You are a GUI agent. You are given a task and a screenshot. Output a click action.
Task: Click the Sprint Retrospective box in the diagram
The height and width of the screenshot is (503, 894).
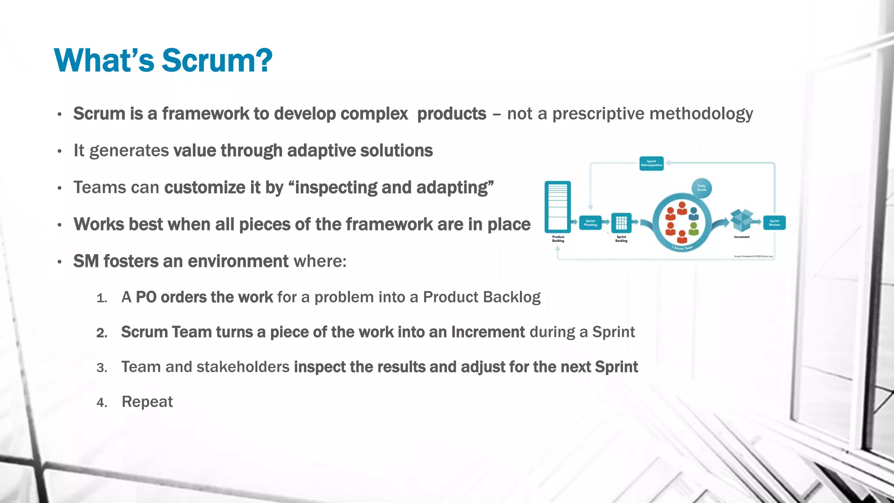click(651, 163)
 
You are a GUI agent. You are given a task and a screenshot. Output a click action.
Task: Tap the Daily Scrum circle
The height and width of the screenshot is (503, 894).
click(701, 188)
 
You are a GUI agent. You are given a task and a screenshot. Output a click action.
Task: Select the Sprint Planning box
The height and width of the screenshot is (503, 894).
click(590, 223)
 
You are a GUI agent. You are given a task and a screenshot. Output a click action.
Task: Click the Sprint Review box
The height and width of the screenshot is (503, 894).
click(774, 223)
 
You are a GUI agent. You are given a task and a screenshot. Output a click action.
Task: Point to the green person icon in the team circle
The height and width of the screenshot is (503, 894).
click(694, 228)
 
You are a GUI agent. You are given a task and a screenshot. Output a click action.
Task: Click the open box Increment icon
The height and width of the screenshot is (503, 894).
click(742, 220)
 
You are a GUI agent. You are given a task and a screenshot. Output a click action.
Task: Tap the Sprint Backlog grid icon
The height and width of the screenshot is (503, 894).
click(621, 223)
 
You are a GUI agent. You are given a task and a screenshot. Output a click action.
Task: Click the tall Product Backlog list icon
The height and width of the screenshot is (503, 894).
click(558, 207)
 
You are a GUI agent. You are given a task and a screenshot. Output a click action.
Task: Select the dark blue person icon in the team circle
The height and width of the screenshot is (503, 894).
click(693, 214)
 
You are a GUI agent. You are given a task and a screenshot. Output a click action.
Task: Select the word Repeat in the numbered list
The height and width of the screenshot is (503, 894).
click(147, 402)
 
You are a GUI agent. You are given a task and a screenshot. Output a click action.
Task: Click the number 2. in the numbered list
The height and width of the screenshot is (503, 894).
click(102, 333)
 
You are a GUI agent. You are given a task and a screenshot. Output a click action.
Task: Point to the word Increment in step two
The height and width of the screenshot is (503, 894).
click(488, 332)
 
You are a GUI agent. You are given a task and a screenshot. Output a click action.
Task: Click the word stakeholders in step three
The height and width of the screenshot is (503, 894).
click(243, 367)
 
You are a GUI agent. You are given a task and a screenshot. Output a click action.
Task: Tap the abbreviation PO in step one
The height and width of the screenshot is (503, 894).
click(146, 297)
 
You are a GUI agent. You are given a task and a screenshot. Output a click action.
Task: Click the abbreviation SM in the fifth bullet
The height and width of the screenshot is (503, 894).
click(86, 261)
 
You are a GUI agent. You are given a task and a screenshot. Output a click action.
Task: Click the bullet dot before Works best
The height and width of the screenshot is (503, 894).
click(59, 225)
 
